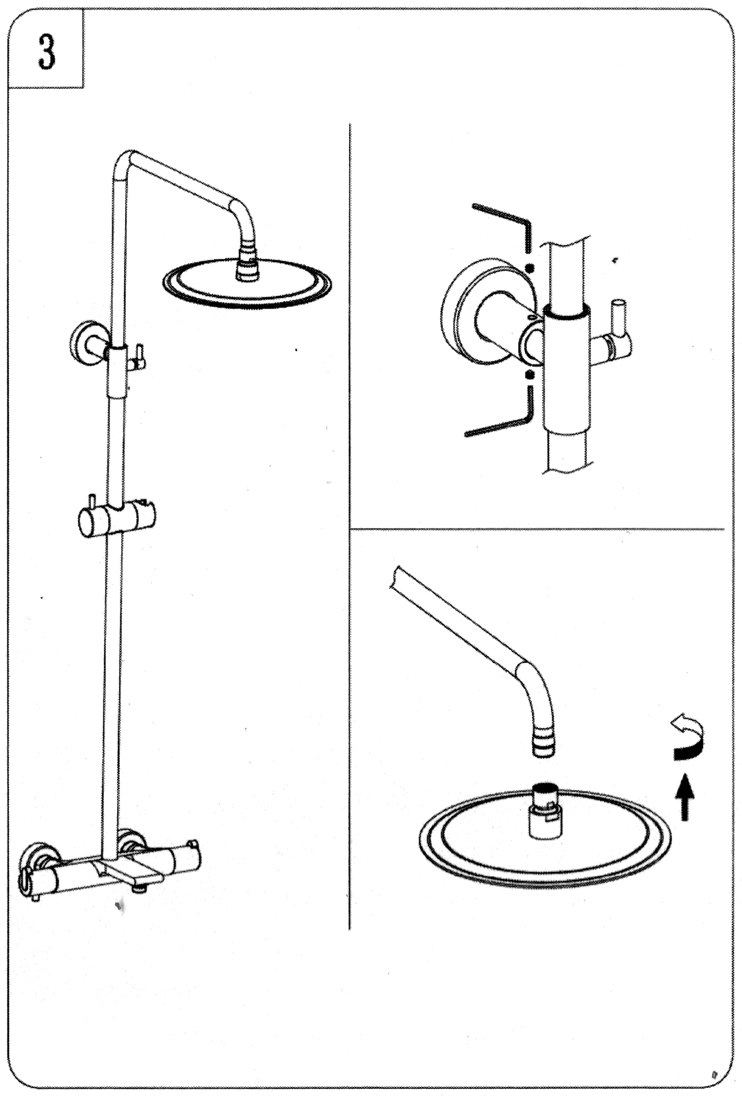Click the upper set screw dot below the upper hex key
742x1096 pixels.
528,268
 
